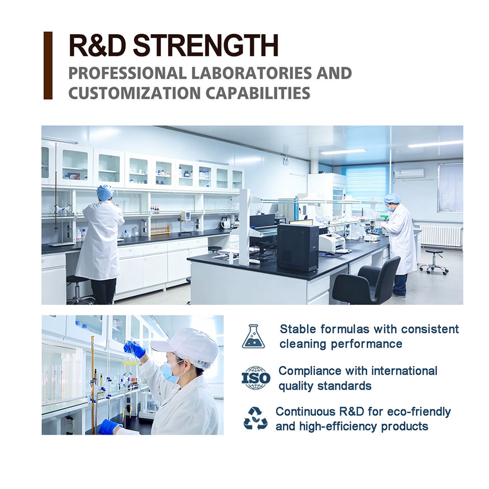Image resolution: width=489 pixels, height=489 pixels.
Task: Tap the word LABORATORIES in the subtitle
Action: (x=251, y=73)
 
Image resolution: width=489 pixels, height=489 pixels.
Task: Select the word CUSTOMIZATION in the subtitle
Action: (x=134, y=93)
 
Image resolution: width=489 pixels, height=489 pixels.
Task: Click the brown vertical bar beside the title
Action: (x=48, y=66)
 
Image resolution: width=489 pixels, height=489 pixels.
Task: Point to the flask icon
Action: (x=254, y=336)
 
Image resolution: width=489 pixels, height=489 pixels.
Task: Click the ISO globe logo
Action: (x=256, y=378)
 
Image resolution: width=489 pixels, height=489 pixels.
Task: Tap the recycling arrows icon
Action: (x=255, y=418)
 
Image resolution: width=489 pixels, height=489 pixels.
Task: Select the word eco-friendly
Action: (x=419, y=412)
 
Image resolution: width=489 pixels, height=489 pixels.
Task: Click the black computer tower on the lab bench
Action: (x=298, y=248)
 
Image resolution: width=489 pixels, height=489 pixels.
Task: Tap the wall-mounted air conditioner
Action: (x=409, y=173)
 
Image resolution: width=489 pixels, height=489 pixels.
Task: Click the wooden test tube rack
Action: (x=160, y=230)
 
